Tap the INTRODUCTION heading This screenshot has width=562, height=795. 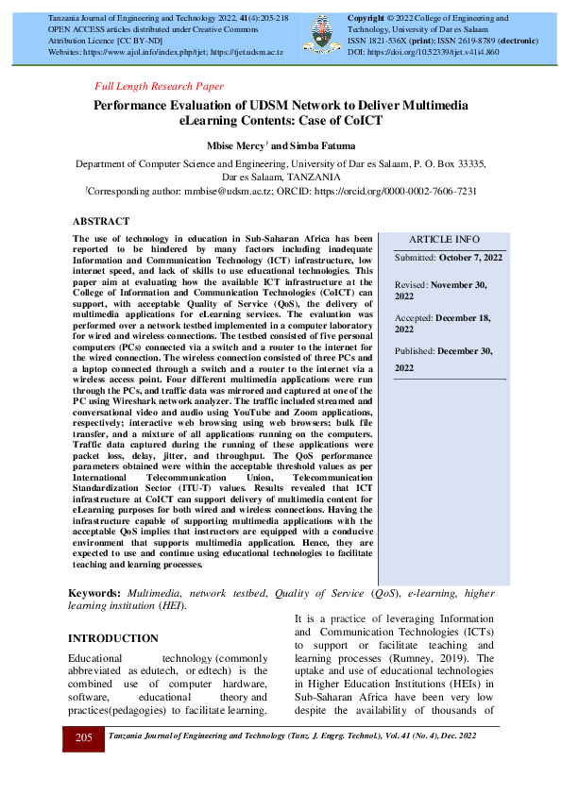coord(112,638)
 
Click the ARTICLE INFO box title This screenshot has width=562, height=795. coord(444,239)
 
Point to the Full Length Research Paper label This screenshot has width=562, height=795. coord(159,86)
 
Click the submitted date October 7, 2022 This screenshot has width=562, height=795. coord(469,257)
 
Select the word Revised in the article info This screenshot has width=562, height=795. coord(411,284)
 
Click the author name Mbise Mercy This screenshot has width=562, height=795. coord(234,145)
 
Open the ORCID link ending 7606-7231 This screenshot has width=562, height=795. coord(396,190)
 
